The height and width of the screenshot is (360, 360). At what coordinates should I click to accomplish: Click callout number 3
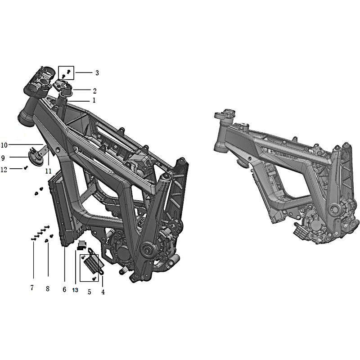click(x=97, y=73)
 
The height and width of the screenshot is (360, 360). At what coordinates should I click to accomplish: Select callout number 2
click(x=95, y=91)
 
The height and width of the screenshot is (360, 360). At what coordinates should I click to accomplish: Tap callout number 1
click(x=94, y=100)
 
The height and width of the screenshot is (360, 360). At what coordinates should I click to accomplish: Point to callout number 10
click(x=4, y=145)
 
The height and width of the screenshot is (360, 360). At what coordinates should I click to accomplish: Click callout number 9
click(x=3, y=158)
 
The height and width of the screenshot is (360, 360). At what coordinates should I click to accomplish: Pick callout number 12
click(x=4, y=170)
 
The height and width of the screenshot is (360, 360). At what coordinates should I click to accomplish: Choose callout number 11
click(x=48, y=171)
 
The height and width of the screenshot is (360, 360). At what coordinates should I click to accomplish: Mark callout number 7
click(x=32, y=288)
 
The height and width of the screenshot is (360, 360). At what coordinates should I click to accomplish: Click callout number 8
click(x=48, y=288)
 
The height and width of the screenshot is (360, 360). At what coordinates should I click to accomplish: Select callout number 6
click(x=64, y=289)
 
